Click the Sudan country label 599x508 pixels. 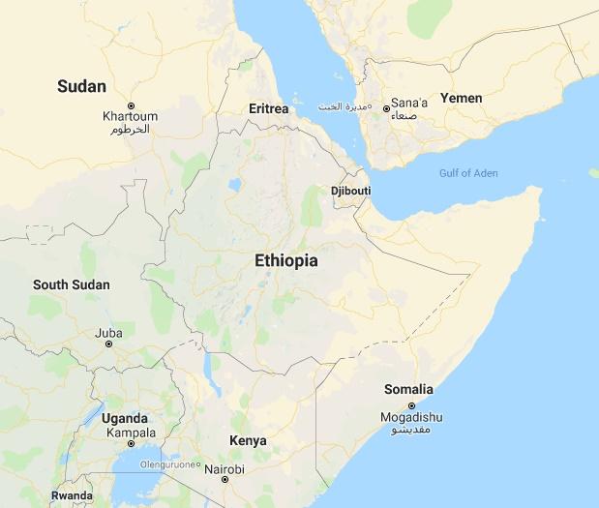click(x=81, y=86)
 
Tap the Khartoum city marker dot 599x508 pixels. click(x=131, y=105)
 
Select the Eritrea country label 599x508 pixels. click(x=268, y=108)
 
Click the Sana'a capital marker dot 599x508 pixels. click(x=386, y=108)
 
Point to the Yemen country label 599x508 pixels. click(x=461, y=98)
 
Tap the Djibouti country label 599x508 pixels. click(x=350, y=191)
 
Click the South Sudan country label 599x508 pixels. click(x=72, y=284)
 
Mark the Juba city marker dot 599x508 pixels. click(x=108, y=344)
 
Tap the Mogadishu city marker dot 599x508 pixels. click(x=412, y=405)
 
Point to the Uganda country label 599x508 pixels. click(x=124, y=418)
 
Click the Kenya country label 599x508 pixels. click(x=248, y=440)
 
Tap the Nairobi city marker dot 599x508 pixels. click(x=225, y=479)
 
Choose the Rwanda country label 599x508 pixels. click(x=72, y=494)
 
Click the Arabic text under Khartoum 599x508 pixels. click(x=130, y=129)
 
